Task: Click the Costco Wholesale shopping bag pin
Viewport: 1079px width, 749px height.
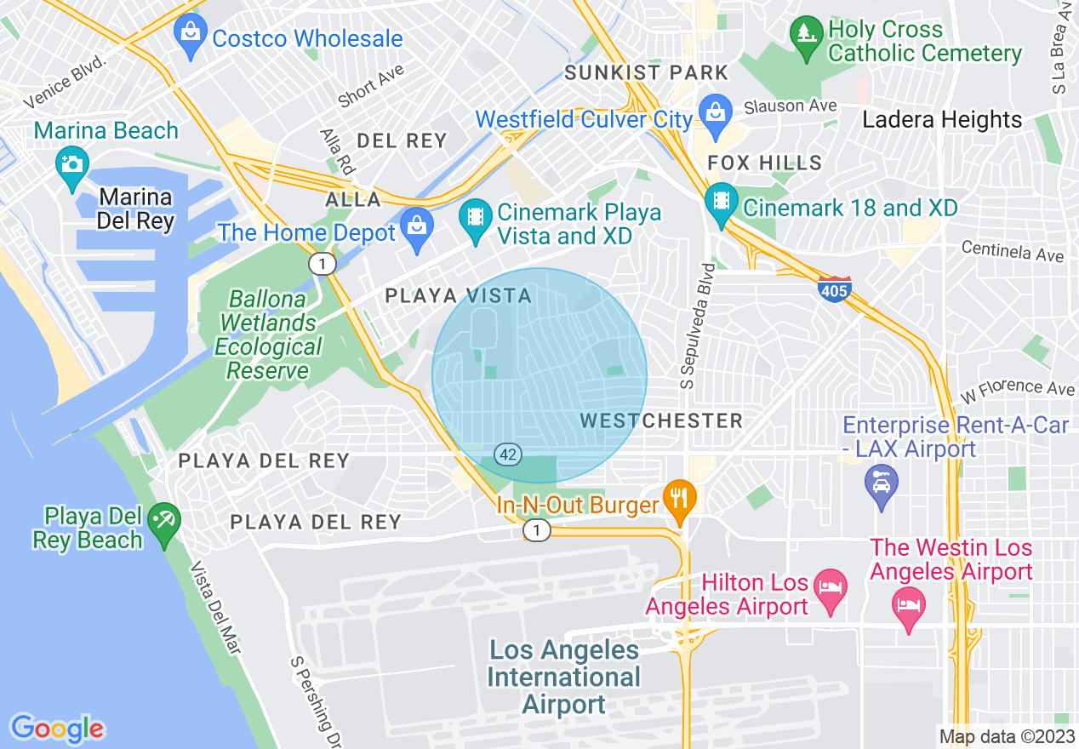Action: tap(190, 33)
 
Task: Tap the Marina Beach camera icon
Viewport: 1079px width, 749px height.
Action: tap(71, 160)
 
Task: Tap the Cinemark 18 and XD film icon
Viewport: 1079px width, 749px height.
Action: tap(722, 203)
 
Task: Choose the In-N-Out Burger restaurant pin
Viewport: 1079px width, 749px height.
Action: tap(678, 500)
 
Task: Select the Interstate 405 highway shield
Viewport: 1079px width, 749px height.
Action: tap(834, 289)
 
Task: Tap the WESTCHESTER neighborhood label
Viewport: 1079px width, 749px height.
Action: tap(661, 420)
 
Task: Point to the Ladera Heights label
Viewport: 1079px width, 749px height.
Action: tap(942, 120)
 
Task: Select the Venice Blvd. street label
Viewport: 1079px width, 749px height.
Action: tap(65, 83)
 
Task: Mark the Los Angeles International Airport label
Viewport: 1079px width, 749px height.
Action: tap(563, 678)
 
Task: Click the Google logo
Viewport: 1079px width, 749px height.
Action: tap(57, 728)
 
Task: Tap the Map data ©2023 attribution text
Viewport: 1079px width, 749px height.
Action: tap(1006, 736)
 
